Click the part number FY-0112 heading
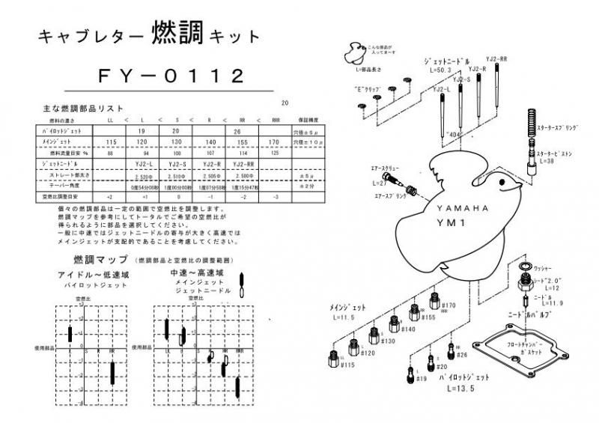171,76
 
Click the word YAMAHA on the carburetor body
461,208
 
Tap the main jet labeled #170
434,302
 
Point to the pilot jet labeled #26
450,350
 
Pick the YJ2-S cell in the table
177,164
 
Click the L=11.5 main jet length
343,317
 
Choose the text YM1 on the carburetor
460,222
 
